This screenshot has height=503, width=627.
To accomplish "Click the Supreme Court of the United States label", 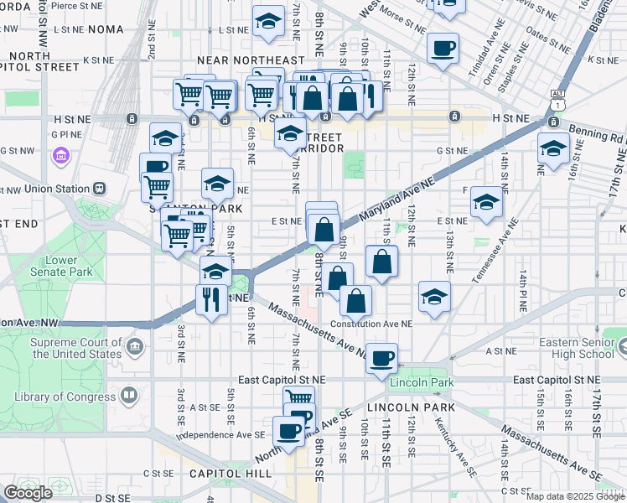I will pos(76,348).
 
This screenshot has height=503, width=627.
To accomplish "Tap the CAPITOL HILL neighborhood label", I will pos(231,474).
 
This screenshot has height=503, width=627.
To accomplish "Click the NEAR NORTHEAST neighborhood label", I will pos(251,60).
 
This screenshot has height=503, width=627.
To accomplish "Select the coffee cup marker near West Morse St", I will pos(443,48).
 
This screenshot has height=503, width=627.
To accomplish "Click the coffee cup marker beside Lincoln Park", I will pos(381,358).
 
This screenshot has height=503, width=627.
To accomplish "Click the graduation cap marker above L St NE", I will pos(268,23).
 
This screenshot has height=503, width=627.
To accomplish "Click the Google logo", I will pos(29,494).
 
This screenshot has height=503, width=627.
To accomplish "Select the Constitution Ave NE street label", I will pos(371,323).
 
